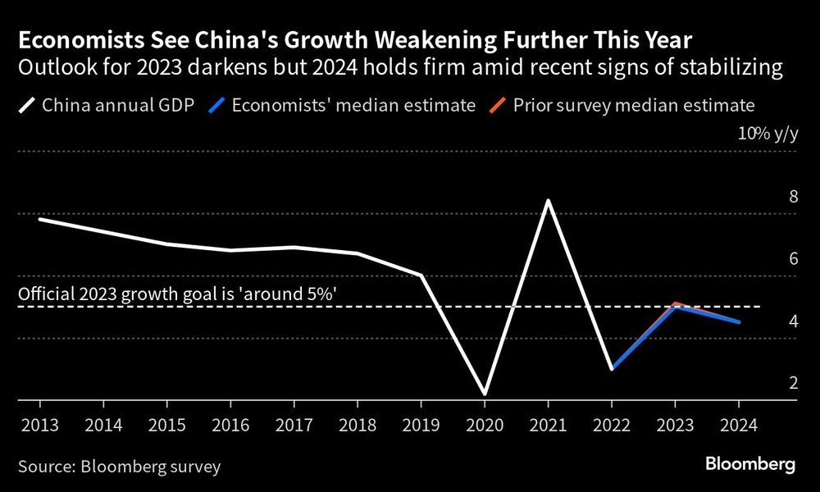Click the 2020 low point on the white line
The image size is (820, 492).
[x=484, y=394]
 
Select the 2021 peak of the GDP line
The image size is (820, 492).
[x=547, y=201]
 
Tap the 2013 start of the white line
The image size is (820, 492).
[x=40, y=219]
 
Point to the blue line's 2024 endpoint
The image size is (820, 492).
[x=739, y=322]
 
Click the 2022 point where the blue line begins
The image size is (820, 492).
[x=612, y=368]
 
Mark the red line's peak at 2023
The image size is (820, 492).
[x=675, y=303]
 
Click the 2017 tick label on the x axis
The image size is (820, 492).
[x=293, y=426]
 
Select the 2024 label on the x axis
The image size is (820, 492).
[x=738, y=426]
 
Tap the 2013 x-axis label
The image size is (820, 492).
[x=39, y=426]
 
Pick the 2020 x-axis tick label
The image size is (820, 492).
[x=484, y=426]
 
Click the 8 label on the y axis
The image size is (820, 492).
[x=793, y=197]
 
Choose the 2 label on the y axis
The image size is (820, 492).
[x=793, y=383]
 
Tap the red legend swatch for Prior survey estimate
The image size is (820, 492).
[x=498, y=105]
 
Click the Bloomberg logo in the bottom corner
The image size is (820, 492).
[x=750, y=465]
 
